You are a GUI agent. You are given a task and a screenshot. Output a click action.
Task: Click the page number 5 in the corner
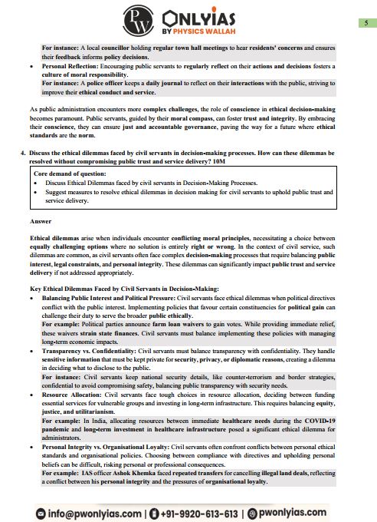tap(362, 25)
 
